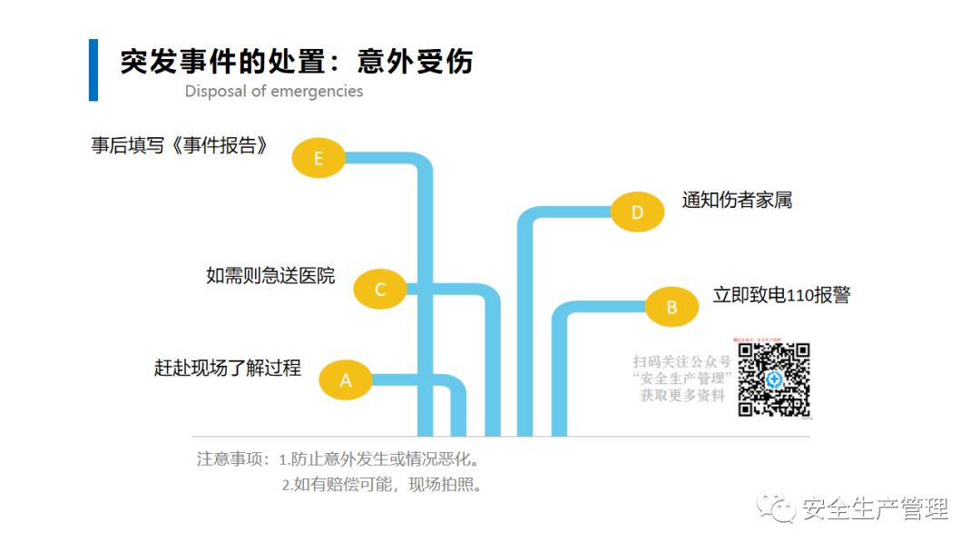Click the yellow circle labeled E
click(318, 159)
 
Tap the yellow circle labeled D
click(637, 212)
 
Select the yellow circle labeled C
click(380, 290)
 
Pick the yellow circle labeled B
click(671, 307)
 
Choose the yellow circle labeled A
click(346, 380)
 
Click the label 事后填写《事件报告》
click(181, 145)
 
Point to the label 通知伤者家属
click(737, 200)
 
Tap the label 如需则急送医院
click(270, 275)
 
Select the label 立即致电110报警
click(781, 295)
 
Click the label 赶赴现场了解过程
click(228, 369)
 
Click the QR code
click(773, 380)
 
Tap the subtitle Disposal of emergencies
click(274, 92)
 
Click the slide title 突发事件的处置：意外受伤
click(297, 61)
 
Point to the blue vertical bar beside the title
click(93, 70)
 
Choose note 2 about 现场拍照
click(381, 485)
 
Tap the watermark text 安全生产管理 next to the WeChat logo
click(875, 509)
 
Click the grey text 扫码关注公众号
click(681, 361)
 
